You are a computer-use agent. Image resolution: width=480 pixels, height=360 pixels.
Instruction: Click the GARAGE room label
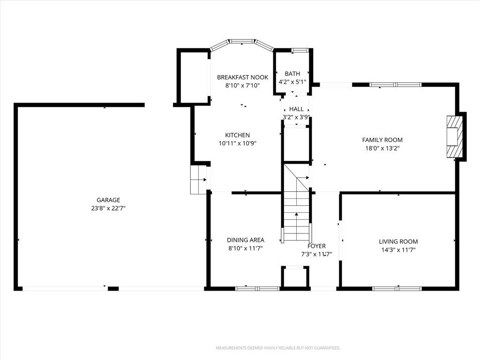click(x=108, y=200)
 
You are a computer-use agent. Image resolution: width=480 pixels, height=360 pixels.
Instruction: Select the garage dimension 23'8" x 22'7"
click(x=108, y=208)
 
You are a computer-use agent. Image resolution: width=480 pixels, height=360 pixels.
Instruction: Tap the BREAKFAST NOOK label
click(x=242, y=77)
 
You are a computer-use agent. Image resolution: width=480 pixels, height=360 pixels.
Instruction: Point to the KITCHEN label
click(x=238, y=135)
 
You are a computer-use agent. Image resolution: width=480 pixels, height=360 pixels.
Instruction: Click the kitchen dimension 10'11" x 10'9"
click(x=238, y=143)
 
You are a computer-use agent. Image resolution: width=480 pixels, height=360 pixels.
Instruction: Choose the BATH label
click(x=292, y=74)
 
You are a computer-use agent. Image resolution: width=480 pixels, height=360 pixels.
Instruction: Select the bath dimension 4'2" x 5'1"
click(x=292, y=82)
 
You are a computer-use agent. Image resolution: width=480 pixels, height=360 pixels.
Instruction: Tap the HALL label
click(x=296, y=109)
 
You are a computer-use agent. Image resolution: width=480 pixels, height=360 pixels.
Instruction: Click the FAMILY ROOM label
click(x=382, y=140)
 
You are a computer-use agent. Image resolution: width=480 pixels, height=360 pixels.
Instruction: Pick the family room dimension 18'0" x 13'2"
click(x=382, y=148)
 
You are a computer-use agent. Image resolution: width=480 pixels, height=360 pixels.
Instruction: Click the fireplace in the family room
click(x=454, y=136)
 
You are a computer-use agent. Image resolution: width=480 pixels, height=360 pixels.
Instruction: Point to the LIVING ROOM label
click(x=398, y=241)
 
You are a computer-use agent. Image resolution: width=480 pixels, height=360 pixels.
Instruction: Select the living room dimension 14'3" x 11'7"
click(x=398, y=250)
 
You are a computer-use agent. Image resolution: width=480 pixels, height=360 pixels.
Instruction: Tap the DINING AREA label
click(x=246, y=240)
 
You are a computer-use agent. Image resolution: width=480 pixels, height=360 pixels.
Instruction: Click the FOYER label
click(x=316, y=246)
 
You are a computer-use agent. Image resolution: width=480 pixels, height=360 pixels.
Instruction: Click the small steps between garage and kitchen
click(x=198, y=180)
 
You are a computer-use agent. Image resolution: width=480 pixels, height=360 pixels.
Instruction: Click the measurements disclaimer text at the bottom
click(x=278, y=348)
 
